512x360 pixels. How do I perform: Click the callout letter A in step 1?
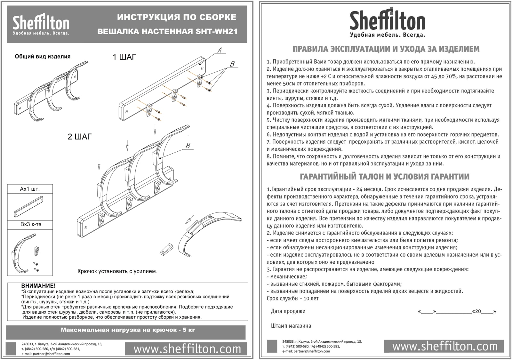pyautogui.click(x=220, y=50)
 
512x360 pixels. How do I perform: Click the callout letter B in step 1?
pyautogui.click(x=232, y=64)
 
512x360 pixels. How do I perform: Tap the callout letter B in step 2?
pyautogui.click(x=188, y=146)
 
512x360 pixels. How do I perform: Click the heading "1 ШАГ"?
pyautogui.click(x=124, y=57)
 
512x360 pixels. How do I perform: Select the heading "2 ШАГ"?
pyautogui.click(x=80, y=137)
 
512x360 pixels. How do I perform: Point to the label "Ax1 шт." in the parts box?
pyautogui.click(x=30, y=189)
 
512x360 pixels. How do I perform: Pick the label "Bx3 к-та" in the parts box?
pyautogui.click(x=31, y=224)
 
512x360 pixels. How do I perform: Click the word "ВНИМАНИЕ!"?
pyautogui.click(x=38, y=286)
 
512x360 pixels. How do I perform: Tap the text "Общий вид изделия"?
pyautogui.click(x=43, y=56)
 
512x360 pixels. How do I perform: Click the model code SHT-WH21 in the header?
pyautogui.click(x=216, y=31)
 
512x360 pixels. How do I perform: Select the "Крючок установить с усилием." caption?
pyautogui.click(x=117, y=271)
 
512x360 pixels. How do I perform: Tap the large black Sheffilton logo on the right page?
pyautogui.click(x=388, y=22)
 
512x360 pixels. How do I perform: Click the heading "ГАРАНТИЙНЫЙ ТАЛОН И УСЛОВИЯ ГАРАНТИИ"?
pyautogui.click(x=385, y=177)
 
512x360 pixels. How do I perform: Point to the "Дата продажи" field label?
pyautogui.click(x=288, y=311)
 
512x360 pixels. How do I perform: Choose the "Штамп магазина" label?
pyautogui.click(x=291, y=326)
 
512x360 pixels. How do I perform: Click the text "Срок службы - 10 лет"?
pyautogui.click(x=292, y=299)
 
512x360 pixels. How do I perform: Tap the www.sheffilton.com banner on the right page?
pyautogui.click(x=444, y=346)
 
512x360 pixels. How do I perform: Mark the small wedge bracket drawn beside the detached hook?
pyautogui.click(x=166, y=249)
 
